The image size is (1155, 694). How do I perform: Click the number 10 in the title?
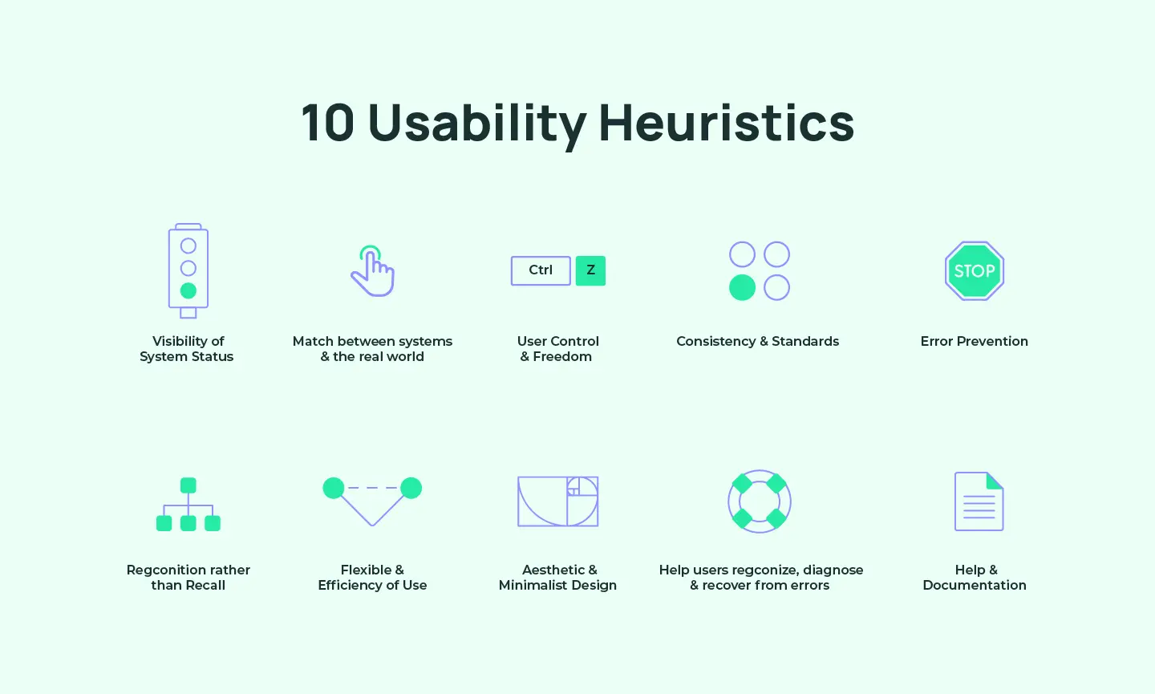327,124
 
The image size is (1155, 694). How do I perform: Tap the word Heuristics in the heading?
726,124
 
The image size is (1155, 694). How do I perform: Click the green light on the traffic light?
188,290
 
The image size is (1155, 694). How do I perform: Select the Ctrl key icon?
541,270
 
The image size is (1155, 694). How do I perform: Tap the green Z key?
590,270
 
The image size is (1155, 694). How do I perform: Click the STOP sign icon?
975,271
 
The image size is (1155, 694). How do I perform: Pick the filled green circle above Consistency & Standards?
742,287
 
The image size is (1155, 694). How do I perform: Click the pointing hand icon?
373,273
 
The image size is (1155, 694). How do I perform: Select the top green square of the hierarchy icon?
188,485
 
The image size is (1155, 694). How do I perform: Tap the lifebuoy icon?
759,501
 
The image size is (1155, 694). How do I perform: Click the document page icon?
979,501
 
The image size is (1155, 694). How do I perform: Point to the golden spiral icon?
558,501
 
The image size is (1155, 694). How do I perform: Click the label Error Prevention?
974,341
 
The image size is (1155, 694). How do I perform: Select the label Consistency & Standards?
757,341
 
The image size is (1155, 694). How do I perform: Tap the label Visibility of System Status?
188,349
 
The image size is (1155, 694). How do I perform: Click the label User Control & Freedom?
557,349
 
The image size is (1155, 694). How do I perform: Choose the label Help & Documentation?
975,578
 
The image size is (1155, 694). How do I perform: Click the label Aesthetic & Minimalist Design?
558,578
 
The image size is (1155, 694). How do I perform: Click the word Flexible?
366,570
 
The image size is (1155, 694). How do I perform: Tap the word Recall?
205,585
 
